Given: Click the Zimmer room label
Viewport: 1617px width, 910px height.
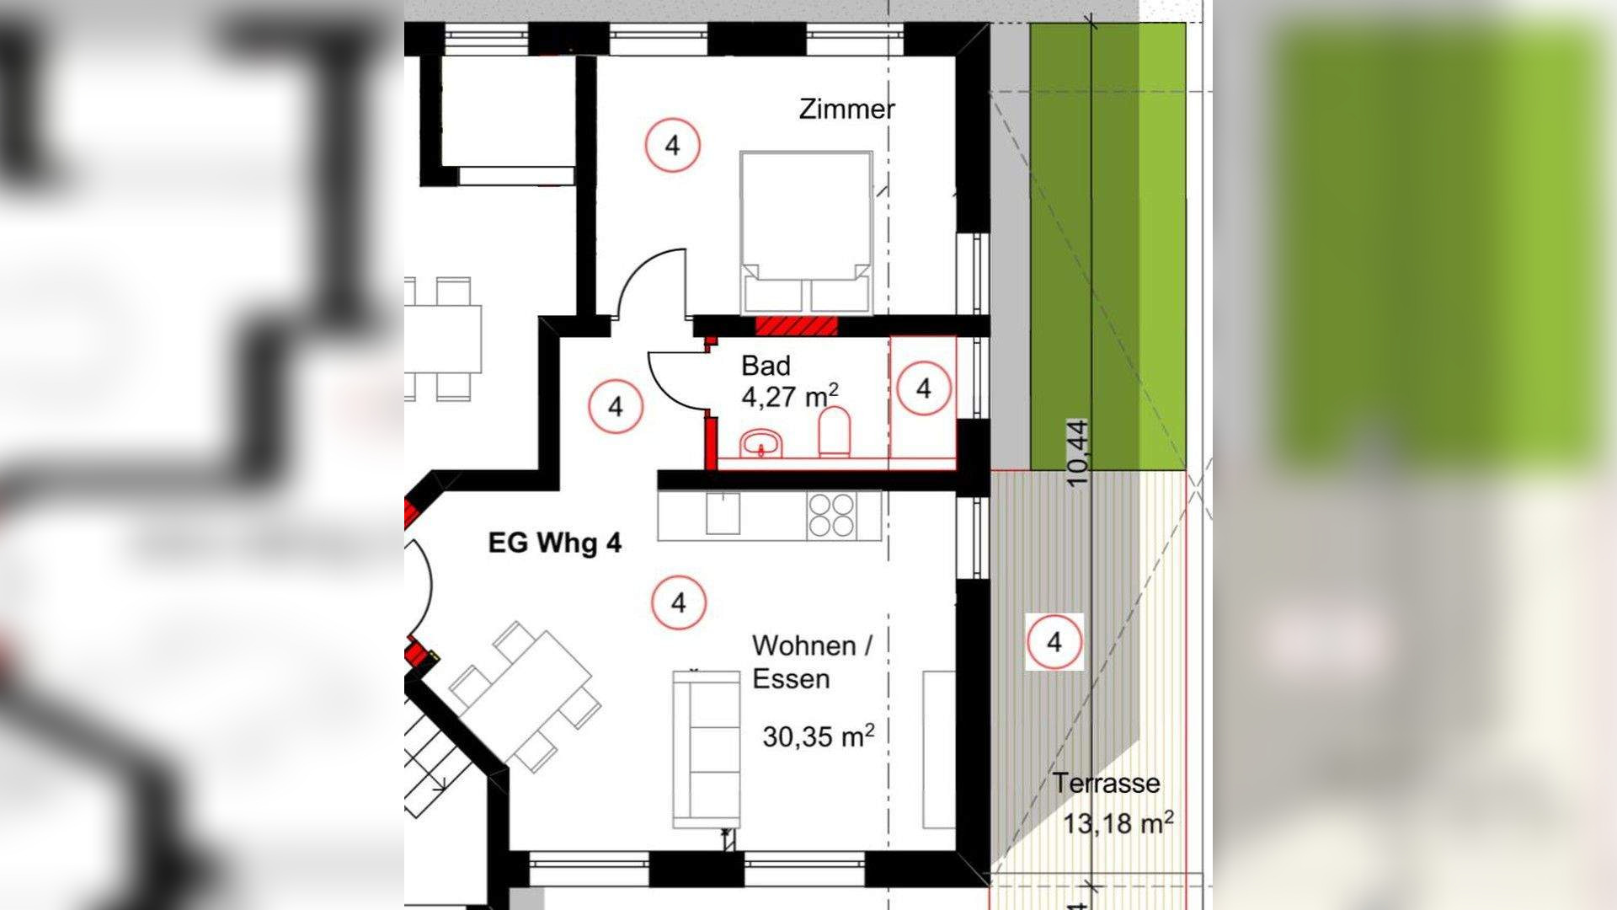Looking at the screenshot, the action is [846, 109].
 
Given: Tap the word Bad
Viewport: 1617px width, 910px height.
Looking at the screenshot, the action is [766, 366].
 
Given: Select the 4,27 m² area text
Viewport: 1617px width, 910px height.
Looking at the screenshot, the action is [789, 396].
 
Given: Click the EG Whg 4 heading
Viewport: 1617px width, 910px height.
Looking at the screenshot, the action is [555, 543].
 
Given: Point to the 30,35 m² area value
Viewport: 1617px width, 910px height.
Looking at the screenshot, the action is [818, 736].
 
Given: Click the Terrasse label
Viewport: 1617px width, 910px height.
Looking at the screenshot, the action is [1107, 783].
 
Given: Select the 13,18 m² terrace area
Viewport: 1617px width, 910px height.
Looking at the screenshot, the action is [1118, 822].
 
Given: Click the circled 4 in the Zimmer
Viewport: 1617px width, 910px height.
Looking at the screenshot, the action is [672, 146].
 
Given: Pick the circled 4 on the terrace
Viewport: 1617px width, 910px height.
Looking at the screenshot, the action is [1054, 643].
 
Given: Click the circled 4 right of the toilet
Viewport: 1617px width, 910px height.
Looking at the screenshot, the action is [924, 388].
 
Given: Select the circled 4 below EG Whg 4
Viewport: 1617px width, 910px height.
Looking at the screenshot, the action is [679, 603].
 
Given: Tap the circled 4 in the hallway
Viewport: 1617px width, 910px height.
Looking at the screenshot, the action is [616, 407].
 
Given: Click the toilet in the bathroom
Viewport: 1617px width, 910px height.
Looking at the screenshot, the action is [835, 432].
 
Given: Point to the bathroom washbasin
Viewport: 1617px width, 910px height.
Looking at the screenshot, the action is [762, 443].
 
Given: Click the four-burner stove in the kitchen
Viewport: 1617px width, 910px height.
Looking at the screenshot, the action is [831, 516].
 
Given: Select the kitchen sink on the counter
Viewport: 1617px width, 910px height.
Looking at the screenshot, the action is [723, 514].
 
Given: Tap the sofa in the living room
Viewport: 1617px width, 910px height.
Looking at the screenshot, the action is [707, 749].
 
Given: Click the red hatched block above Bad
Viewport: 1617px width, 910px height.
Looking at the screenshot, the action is [797, 326].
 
